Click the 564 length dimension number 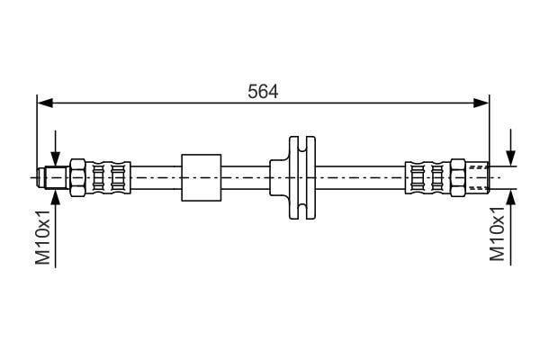[263, 92]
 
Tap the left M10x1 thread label [43, 237]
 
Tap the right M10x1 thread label [498, 234]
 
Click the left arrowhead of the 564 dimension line [45, 103]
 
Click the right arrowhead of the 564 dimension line [481, 103]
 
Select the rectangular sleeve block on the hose [202, 178]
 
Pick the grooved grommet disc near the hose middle [302, 178]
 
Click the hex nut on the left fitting [77, 178]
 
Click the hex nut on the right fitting [458, 178]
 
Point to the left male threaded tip [53, 178]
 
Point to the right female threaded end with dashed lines [477, 178]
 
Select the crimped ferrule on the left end [108, 178]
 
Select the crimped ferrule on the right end [428, 178]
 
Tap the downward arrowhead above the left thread [55, 158]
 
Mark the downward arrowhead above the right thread [511, 157]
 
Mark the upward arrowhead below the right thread [511, 197]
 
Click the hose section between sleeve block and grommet [246, 178]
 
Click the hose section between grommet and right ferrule [360, 178]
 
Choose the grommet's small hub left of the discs [279, 178]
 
